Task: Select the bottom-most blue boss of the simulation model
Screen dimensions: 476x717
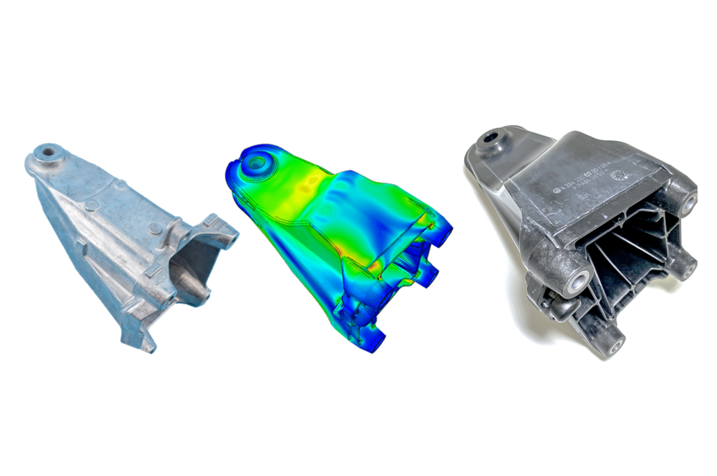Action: (x=376, y=343)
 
